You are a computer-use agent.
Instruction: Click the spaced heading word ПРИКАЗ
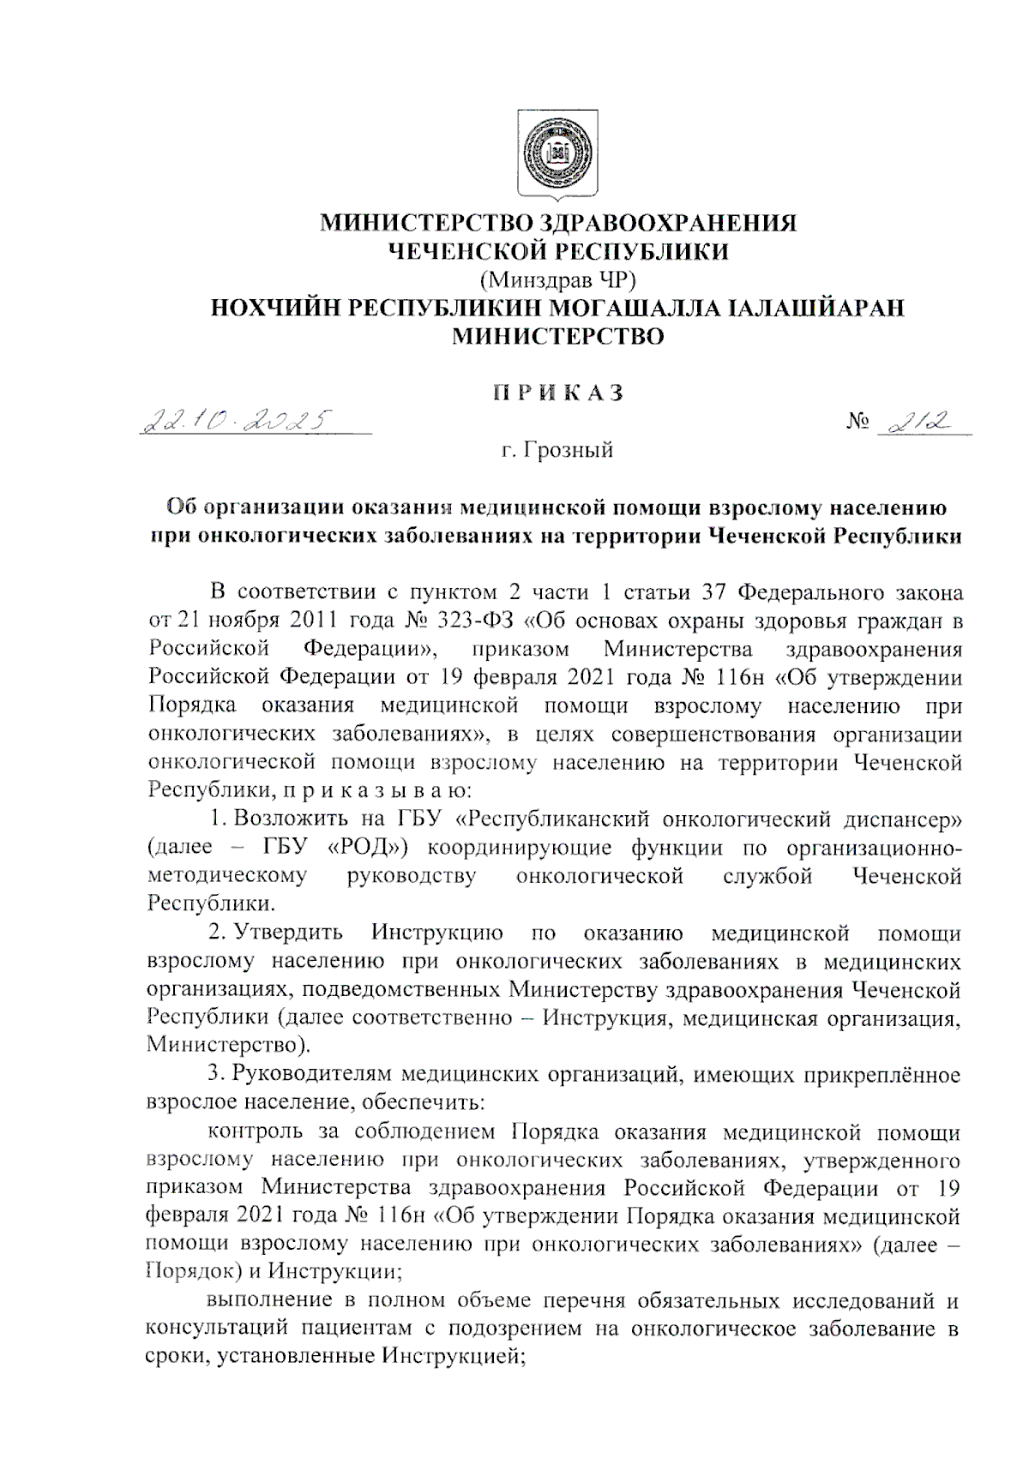pos(557,393)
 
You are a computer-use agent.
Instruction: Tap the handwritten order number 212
pos(918,421)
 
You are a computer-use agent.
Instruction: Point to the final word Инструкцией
pos(452,1357)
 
